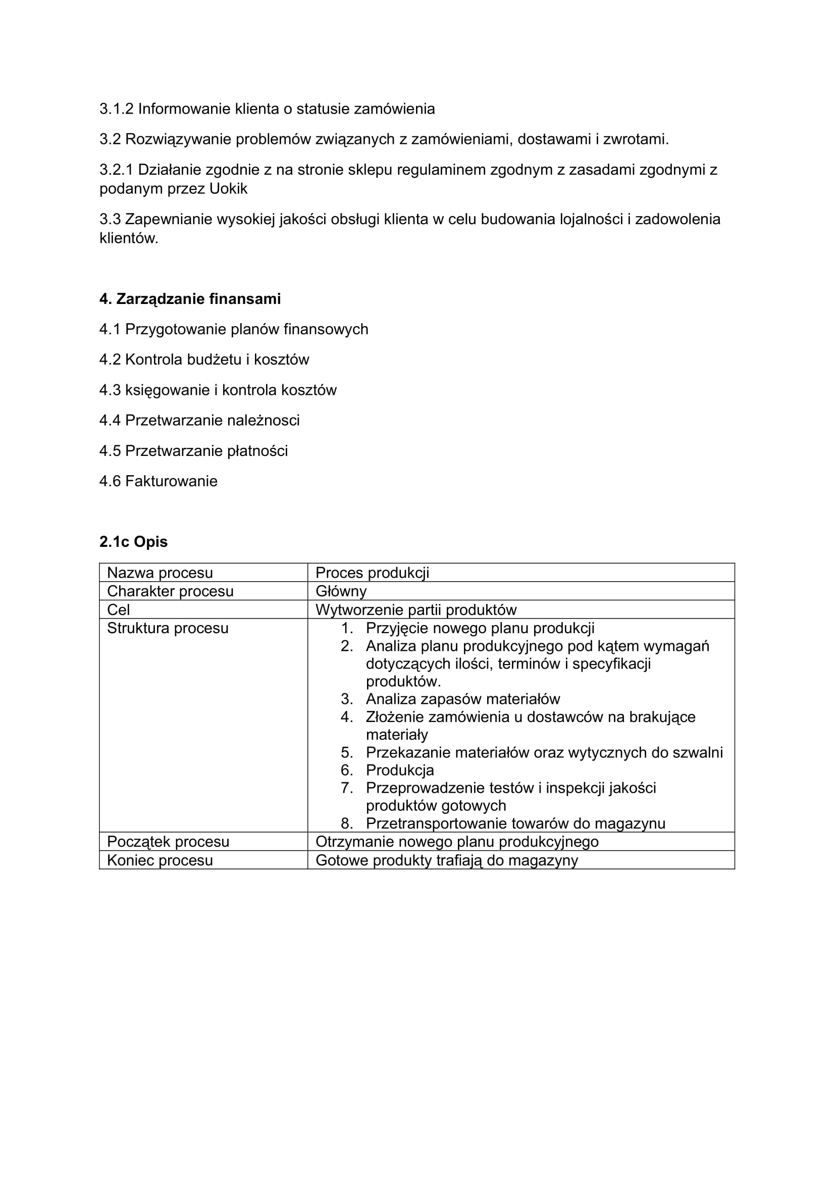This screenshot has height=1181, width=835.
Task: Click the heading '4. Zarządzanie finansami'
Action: pyautogui.click(x=190, y=299)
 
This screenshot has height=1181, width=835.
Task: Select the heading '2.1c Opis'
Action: pyautogui.click(x=133, y=542)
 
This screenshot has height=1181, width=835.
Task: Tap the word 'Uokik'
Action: pyautogui.click(x=228, y=189)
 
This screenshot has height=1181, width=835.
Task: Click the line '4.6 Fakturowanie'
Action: pyautogui.click(x=159, y=481)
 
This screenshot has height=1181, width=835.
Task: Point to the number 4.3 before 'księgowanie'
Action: pyautogui.click(x=110, y=390)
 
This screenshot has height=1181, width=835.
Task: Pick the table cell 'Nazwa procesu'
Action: pyautogui.click(x=160, y=573)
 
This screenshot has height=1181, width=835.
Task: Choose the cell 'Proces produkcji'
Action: pyautogui.click(x=372, y=573)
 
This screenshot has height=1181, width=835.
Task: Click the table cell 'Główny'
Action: pyautogui.click(x=341, y=591)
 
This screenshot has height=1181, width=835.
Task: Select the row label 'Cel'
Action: pyautogui.click(x=118, y=609)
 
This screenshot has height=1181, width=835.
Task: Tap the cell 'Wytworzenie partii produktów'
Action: pyautogui.click(x=416, y=609)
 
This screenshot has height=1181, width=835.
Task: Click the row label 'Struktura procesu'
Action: pyautogui.click(x=168, y=628)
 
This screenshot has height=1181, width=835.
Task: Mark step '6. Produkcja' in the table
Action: pyautogui.click(x=399, y=770)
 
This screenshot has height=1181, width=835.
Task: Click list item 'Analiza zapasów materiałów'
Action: pyautogui.click(x=463, y=699)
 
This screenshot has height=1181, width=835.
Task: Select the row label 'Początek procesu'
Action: pyautogui.click(x=168, y=842)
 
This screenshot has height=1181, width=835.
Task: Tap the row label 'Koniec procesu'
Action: pyautogui.click(x=160, y=860)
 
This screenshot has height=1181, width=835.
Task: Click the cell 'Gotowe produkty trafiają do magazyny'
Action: pyautogui.click(x=446, y=860)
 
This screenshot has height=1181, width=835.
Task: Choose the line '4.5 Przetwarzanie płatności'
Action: pyautogui.click(x=193, y=450)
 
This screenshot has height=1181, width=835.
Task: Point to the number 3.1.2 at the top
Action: pyautogui.click(x=116, y=109)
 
